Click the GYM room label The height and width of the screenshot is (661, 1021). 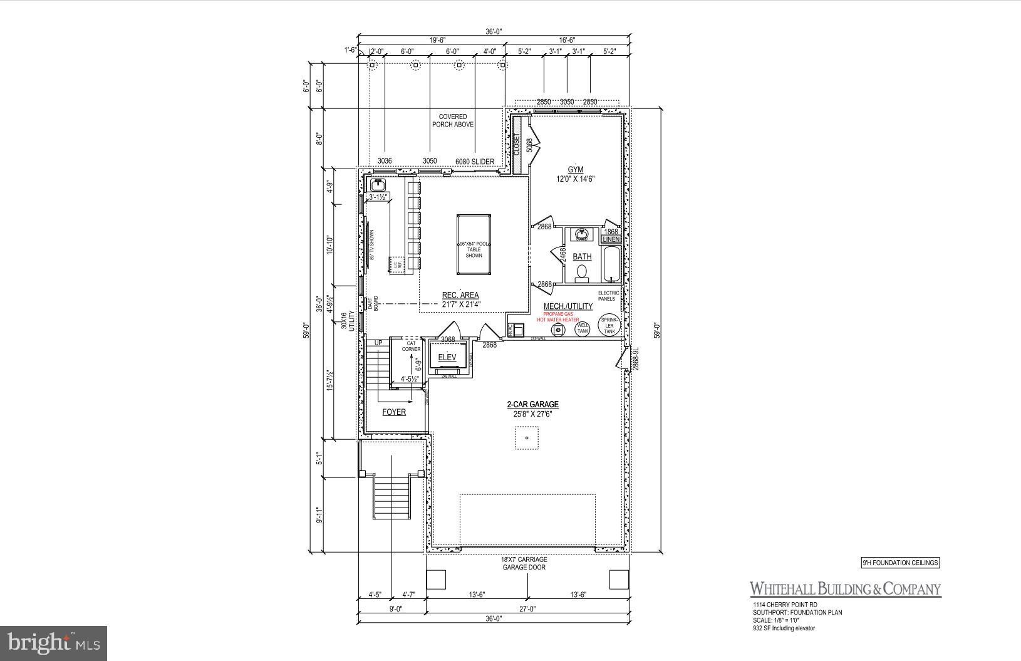click(x=575, y=170)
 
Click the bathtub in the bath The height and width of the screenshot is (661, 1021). click(x=611, y=264)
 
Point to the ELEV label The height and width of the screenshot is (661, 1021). click(x=447, y=358)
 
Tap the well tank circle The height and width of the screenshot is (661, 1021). click(x=583, y=328)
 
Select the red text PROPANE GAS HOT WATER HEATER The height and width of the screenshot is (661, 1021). click(x=561, y=316)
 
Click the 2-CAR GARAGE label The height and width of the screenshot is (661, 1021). click(x=532, y=405)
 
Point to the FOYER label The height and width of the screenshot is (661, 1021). click(x=394, y=412)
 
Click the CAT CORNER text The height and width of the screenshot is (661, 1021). click(x=411, y=346)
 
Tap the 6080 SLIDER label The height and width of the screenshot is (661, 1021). click(x=474, y=162)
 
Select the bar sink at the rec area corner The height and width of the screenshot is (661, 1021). click(x=378, y=185)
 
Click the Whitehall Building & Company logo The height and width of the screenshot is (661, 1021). click(x=845, y=589)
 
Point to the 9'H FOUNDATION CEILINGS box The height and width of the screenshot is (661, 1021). click(x=900, y=563)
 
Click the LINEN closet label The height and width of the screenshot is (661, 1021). click(x=611, y=239)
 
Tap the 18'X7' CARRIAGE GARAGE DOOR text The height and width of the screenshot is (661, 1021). click(x=524, y=563)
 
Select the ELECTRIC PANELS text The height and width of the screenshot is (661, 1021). click(x=609, y=296)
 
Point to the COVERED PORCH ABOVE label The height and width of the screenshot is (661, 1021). click(x=452, y=120)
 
